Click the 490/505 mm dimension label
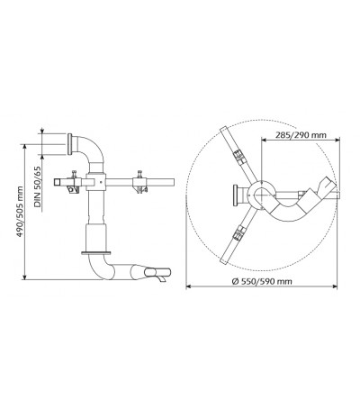[x=20, y=212]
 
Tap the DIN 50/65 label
[x=38, y=186]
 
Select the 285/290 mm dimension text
[x=301, y=135]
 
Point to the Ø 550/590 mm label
[x=262, y=281]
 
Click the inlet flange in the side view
[x=70, y=144]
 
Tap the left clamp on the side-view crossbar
[x=74, y=182]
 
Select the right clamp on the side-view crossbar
[x=139, y=182]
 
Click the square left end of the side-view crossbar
[x=58, y=182]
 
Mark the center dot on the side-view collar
[x=101, y=182]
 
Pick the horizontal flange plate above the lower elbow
[x=96, y=253]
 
